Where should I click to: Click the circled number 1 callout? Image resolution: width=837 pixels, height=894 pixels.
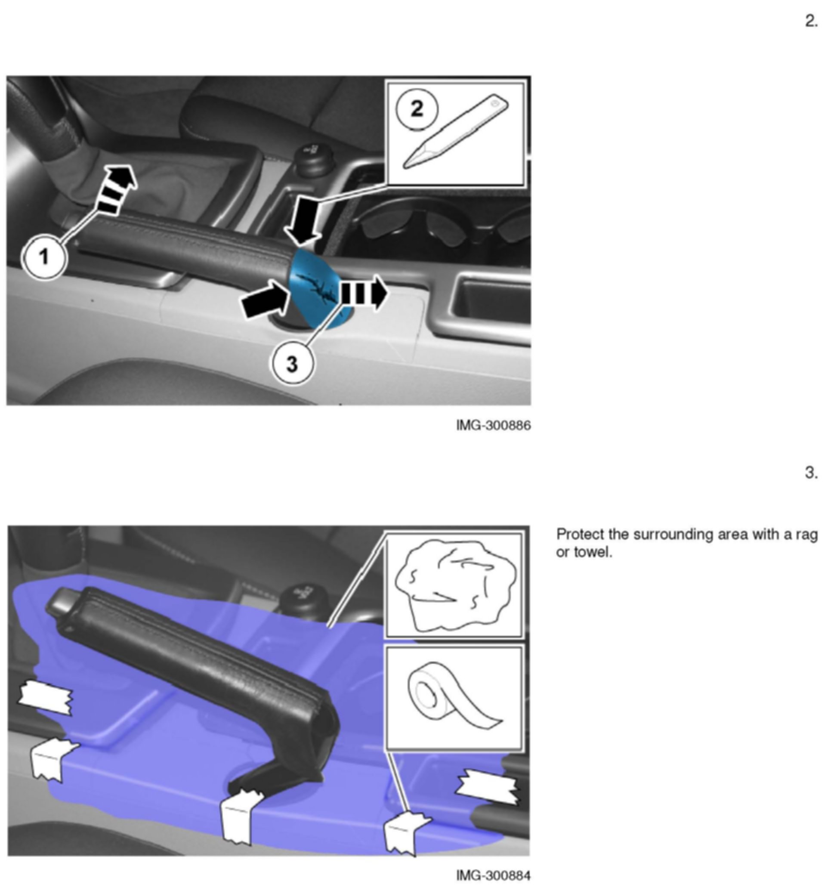(x=44, y=257)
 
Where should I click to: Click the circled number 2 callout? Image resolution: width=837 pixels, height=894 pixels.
(x=417, y=109)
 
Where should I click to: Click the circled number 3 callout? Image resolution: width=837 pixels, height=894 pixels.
(x=292, y=363)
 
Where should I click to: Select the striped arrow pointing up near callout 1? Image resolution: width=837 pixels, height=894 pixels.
(x=117, y=189)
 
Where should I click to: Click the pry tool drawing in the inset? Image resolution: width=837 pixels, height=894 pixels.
(x=456, y=132)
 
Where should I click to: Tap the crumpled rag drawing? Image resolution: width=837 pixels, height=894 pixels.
(x=455, y=585)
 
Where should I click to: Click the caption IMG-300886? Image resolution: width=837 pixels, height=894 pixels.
(x=493, y=425)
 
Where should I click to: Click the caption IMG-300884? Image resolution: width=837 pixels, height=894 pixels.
(x=493, y=875)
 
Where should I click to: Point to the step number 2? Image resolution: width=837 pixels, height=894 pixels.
(x=811, y=21)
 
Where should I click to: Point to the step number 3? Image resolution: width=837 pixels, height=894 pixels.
(x=811, y=473)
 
